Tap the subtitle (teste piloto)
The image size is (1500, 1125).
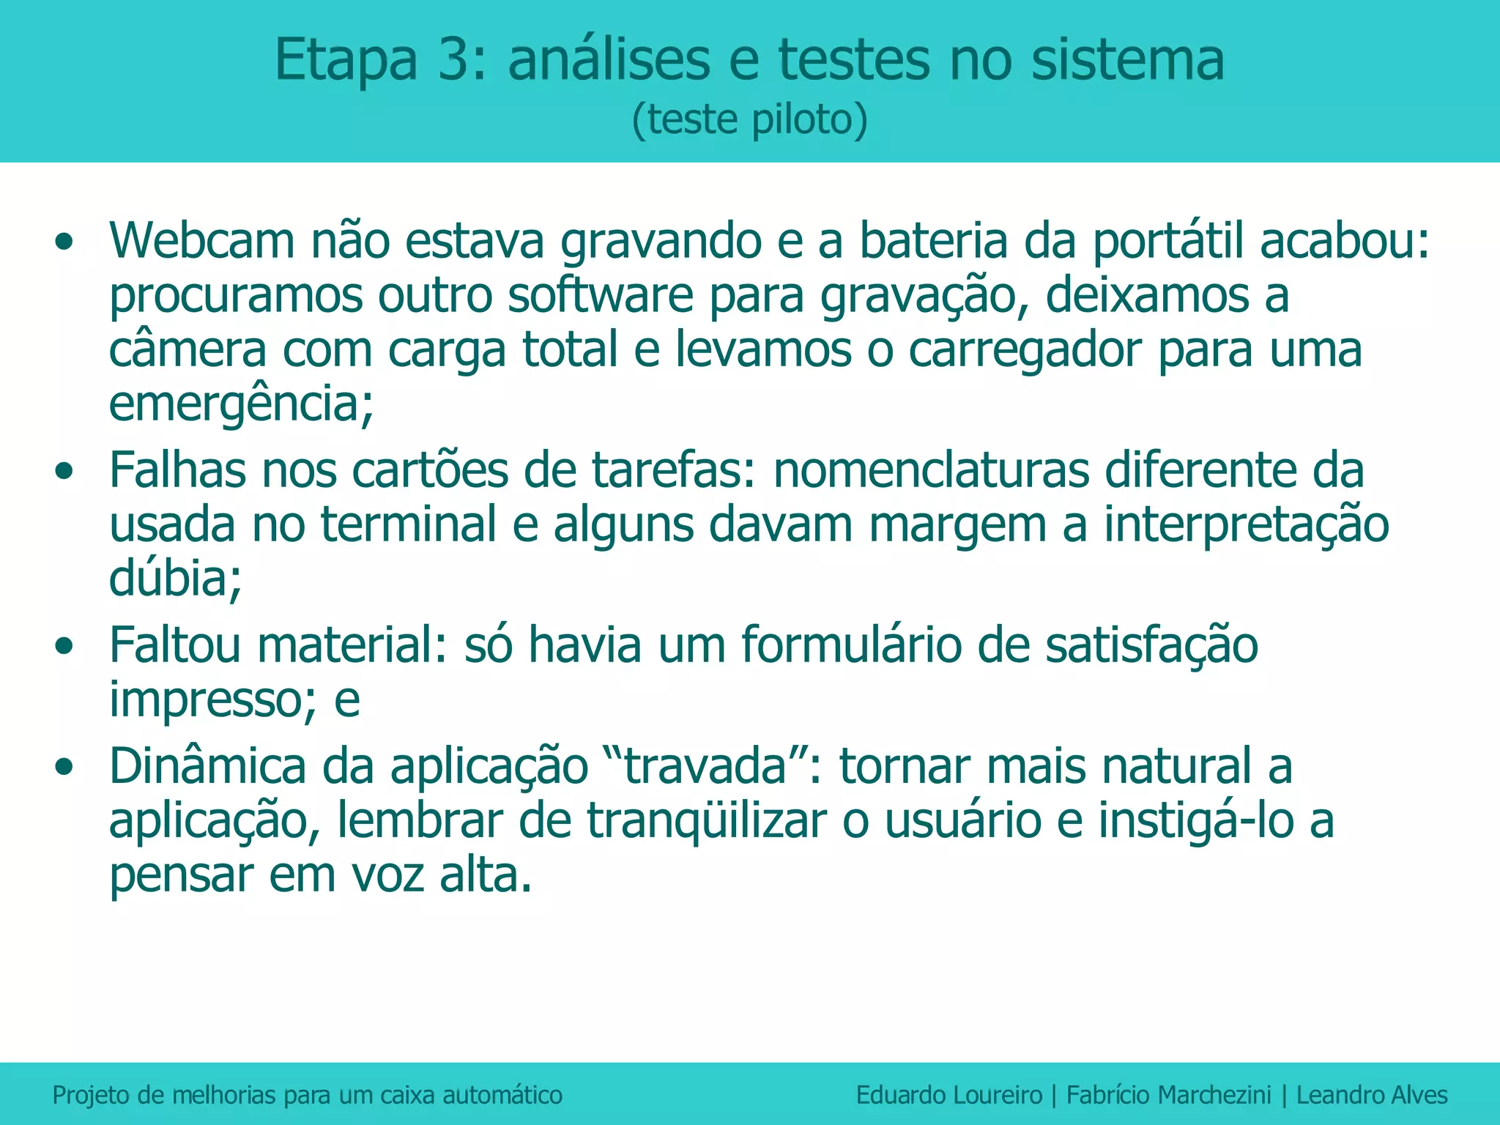(x=749, y=119)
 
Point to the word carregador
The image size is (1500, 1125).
(x=1025, y=349)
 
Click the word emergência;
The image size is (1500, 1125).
(x=241, y=404)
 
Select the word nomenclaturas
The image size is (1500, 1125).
(x=931, y=469)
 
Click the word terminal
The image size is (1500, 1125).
(x=409, y=524)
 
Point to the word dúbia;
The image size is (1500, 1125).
(x=175, y=579)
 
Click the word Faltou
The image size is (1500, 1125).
(x=175, y=645)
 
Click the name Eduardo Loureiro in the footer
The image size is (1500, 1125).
(x=948, y=1095)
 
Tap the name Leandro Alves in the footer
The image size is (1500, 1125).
(x=1372, y=1095)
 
